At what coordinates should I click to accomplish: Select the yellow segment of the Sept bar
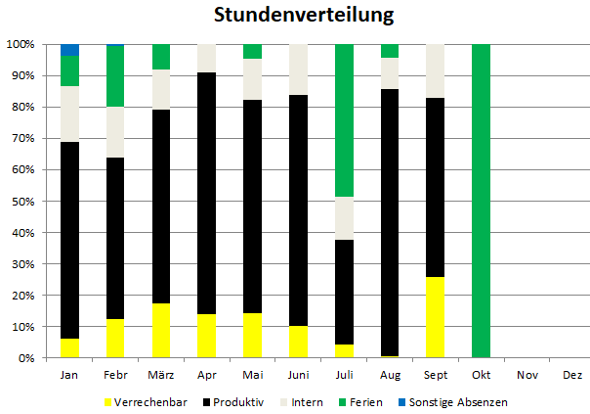coord(434,317)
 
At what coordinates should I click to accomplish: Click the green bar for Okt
coord(480,201)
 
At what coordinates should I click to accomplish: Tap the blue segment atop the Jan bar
coord(69,50)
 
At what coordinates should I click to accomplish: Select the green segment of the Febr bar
coord(115,76)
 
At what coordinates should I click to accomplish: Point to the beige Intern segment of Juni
coord(297,69)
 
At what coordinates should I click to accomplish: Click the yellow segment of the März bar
coord(160,331)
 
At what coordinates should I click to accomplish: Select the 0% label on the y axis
coord(24,358)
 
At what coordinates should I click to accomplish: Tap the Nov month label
coord(526,375)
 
